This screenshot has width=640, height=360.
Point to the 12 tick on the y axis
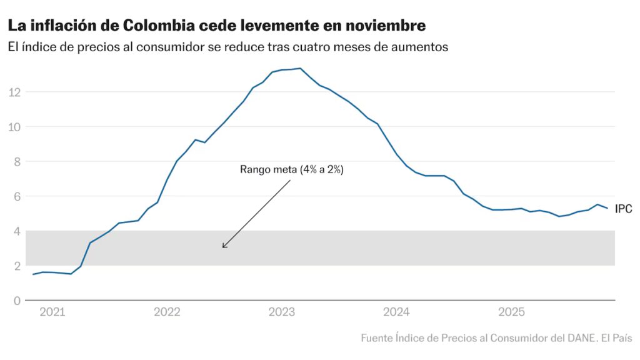15,92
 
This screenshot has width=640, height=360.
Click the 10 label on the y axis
15,127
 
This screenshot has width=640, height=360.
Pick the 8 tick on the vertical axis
17,161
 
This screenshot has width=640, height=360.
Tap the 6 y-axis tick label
17,196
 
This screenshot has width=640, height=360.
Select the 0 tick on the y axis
17,301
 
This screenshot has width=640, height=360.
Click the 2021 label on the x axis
52,312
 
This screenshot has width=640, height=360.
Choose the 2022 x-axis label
167,312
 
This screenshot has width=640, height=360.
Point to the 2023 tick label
281,312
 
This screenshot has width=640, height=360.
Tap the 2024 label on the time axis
396,312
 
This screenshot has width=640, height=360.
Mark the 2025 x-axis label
511,312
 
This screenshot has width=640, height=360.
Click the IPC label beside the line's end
624,209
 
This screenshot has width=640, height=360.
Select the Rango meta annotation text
291,169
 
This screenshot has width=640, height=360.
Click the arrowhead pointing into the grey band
224,246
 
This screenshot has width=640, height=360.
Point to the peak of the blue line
300,69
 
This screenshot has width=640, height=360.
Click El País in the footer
616,338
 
